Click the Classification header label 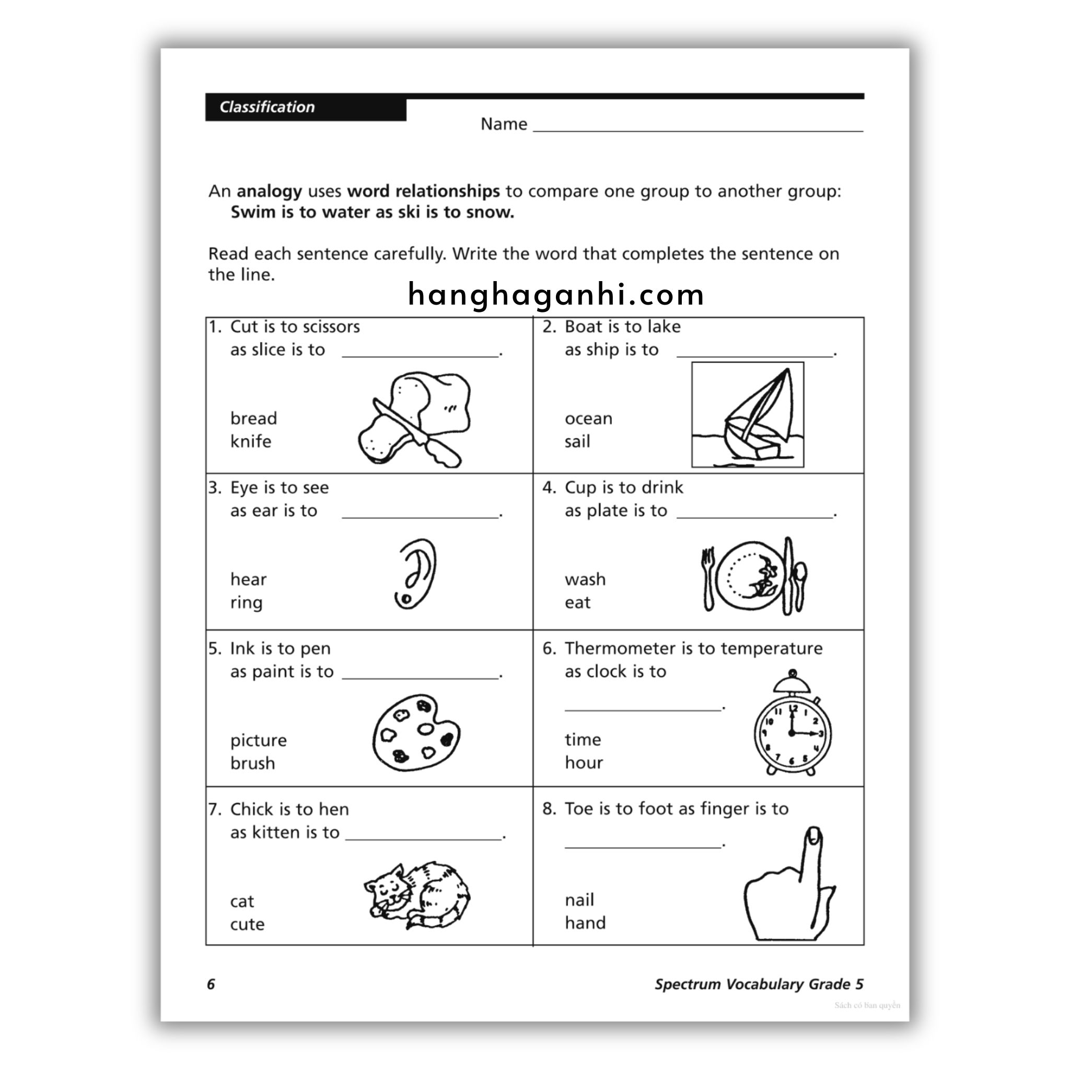click(x=267, y=107)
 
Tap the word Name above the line click(x=504, y=124)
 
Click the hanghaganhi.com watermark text click(x=555, y=294)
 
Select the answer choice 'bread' click(x=253, y=418)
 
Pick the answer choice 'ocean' click(x=588, y=418)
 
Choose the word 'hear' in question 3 click(x=248, y=579)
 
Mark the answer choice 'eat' click(x=577, y=602)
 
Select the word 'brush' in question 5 click(x=252, y=763)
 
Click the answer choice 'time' click(x=583, y=739)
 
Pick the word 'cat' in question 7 click(x=242, y=901)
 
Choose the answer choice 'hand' click(x=585, y=923)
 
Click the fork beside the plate click(x=708, y=579)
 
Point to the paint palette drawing click(x=416, y=732)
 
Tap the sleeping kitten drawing click(x=416, y=895)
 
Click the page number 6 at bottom click(x=211, y=984)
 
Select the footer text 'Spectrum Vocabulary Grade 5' click(x=759, y=984)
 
